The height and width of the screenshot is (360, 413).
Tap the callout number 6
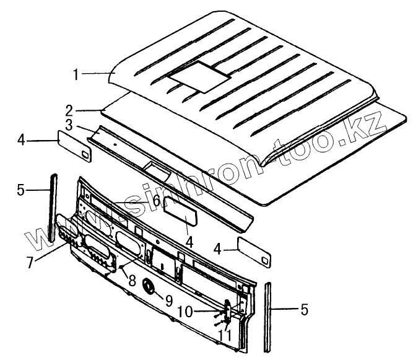click(156, 201)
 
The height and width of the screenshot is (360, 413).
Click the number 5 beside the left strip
click(21, 190)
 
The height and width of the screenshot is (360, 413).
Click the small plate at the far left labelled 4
click(76, 144)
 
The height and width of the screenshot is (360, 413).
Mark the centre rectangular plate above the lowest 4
click(180, 214)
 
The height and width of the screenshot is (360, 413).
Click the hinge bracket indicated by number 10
click(227, 308)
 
